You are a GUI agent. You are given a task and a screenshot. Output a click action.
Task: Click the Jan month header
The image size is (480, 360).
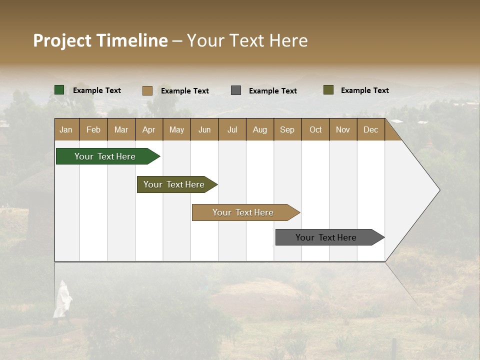pos(66,129)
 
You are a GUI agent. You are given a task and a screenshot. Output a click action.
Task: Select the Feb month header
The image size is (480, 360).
pos(93,129)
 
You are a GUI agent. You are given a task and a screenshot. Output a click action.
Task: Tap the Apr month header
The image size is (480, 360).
pos(148,129)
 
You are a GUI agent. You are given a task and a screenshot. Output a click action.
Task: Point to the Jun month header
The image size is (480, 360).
pos(204,129)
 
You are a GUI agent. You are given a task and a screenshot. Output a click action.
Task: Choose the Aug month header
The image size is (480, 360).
pos(259,129)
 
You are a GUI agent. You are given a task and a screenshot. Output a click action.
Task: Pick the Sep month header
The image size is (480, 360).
pos(287,129)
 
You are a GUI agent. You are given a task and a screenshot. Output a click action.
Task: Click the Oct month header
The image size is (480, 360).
pos(315,129)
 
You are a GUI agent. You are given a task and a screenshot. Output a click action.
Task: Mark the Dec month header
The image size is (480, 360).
pos(370,129)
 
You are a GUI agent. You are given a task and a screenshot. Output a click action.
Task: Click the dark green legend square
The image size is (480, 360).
pos(59,90)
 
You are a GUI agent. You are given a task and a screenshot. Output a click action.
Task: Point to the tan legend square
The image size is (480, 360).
pos(147,90)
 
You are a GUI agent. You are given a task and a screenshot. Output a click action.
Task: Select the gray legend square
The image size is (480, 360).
pos(236,90)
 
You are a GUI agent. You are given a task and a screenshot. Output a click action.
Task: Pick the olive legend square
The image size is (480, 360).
pos(328,90)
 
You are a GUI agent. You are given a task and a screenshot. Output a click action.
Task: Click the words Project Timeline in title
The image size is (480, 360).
pos(100,40)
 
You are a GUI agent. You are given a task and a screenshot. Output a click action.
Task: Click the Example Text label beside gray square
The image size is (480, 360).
pos(273,91)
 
